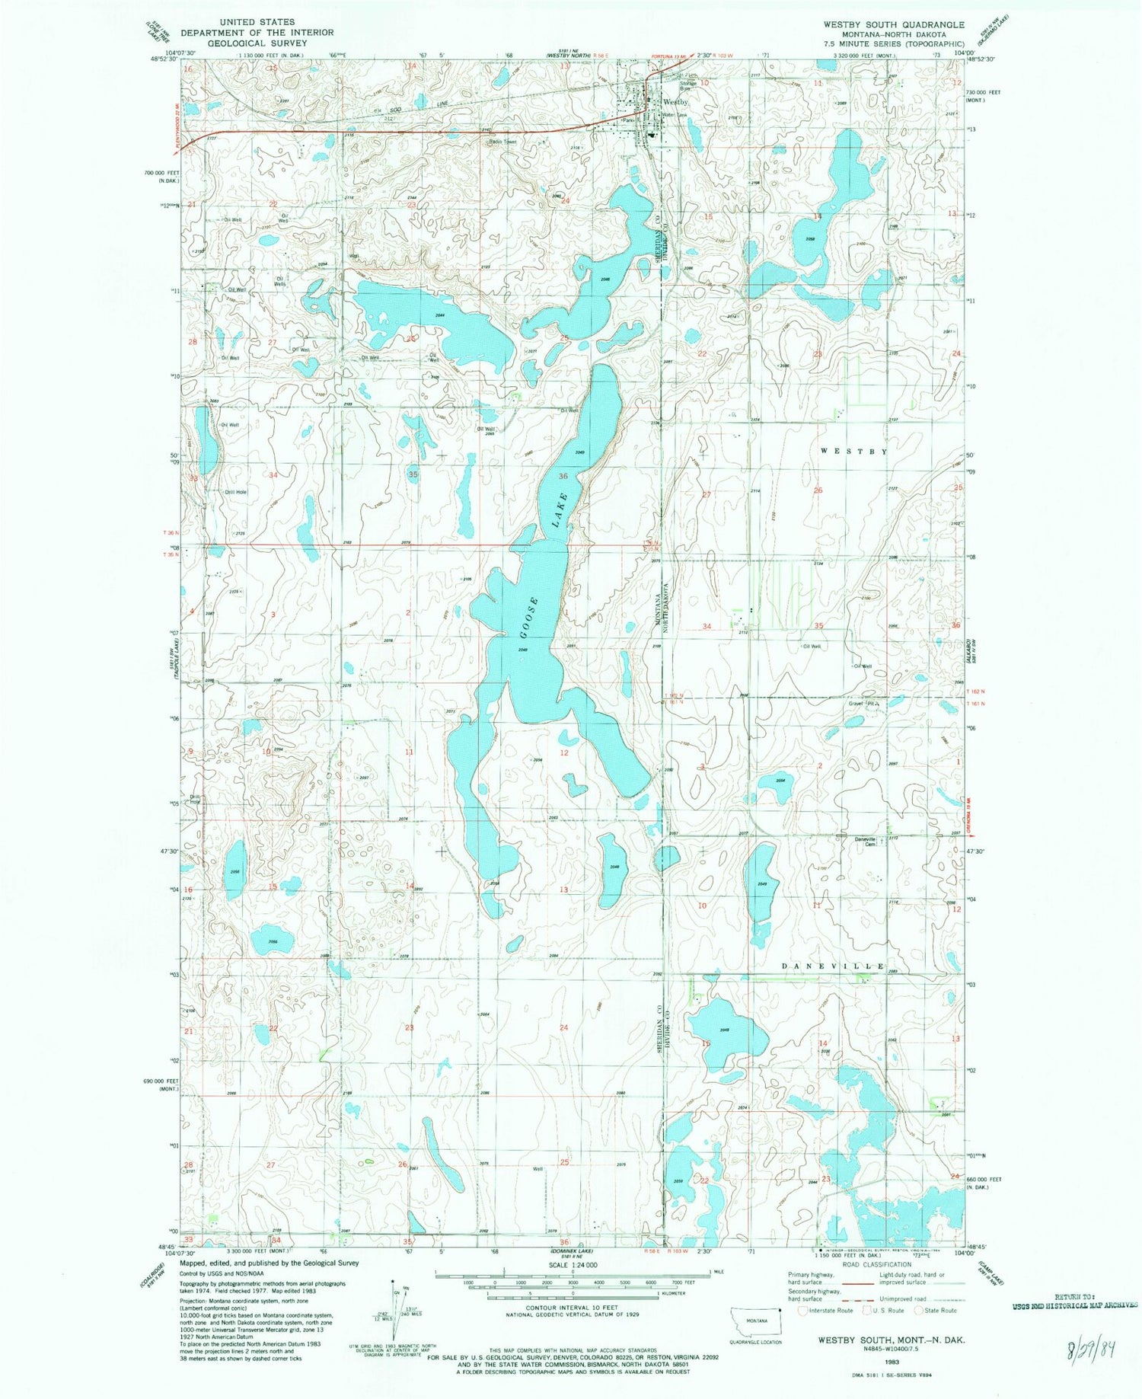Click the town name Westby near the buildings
tap(675, 101)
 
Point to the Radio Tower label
tap(502, 142)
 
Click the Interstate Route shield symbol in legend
tap(802, 1311)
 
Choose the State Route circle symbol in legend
tap(918, 1311)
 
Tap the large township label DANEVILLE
tap(834, 966)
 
